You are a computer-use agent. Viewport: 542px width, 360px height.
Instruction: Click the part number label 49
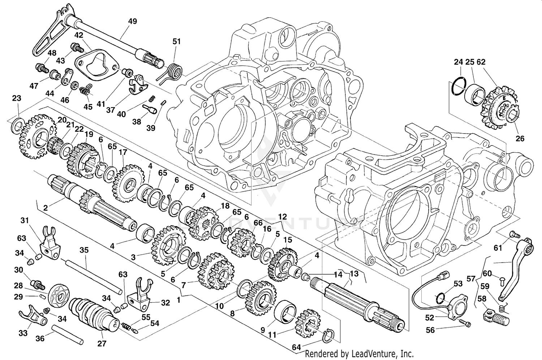pyautogui.click(x=133, y=21)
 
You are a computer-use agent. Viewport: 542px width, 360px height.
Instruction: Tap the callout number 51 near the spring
pyautogui.click(x=176, y=42)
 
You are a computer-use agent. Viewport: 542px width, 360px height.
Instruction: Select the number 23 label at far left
pyautogui.click(x=17, y=98)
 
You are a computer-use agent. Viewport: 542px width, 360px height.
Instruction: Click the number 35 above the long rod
pyautogui.click(x=84, y=250)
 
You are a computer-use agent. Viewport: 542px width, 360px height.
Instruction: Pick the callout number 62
pyautogui.click(x=481, y=62)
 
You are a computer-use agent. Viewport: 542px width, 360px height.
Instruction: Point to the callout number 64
pyautogui.click(x=296, y=347)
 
